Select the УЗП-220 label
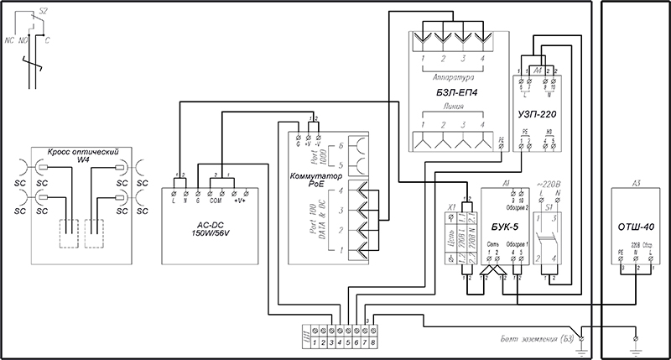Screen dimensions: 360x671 click(x=538, y=111)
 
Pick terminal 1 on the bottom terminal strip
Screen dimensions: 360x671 click(x=313, y=343)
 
